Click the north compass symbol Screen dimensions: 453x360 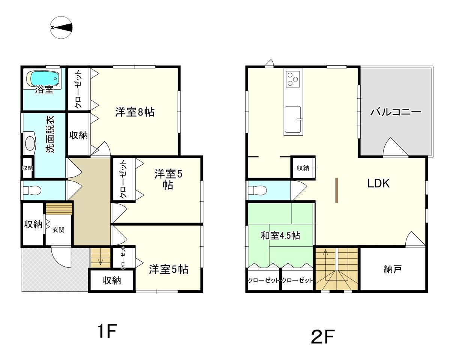pyautogui.click(x=61, y=27)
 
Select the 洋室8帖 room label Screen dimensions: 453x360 pyautogui.click(x=135, y=112)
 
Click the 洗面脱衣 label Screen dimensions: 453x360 pyautogui.click(x=50, y=134)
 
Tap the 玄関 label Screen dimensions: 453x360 pyautogui.click(x=58, y=230)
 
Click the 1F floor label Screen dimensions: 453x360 pyautogui.click(x=107, y=331)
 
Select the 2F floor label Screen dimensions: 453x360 pyautogui.click(x=323, y=337)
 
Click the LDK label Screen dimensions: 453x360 pyautogui.click(x=378, y=183)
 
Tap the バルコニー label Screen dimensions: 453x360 pyautogui.click(x=396, y=112)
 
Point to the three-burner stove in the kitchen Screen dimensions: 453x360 pyautogui.click(x=293, y=79)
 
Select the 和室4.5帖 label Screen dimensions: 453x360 pyautogui.click(x=280, y=235)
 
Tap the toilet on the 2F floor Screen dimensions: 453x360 pyautogui.click(x=257, y=191)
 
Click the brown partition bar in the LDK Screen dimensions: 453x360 pyautogui.click(x=337, y=190)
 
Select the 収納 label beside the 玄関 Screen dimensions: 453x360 pyautogui.click(x=33, y=224)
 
